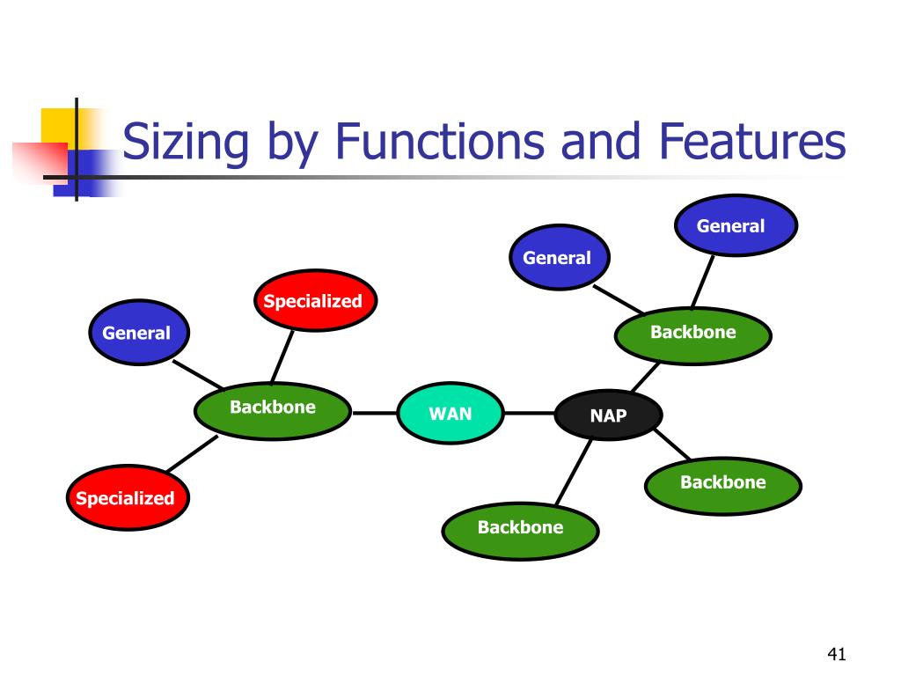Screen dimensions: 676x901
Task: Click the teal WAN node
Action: pos(450,413)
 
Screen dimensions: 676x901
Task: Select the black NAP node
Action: pos(607,415)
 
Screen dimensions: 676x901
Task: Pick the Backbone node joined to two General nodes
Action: pos(692,334)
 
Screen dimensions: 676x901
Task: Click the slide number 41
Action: pos(836,654)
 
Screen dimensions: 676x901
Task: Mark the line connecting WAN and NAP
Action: pos(529,413)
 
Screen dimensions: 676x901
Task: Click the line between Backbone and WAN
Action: pos(375,412)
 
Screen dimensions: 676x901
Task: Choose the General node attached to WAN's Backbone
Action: pos(136,333)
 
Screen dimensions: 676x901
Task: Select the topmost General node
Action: pos(736,226)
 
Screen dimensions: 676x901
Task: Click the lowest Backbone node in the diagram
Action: pos(520,528)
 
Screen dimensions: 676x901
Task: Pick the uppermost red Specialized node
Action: pos(313,301)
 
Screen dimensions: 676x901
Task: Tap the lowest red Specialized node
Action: pos(125,498)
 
